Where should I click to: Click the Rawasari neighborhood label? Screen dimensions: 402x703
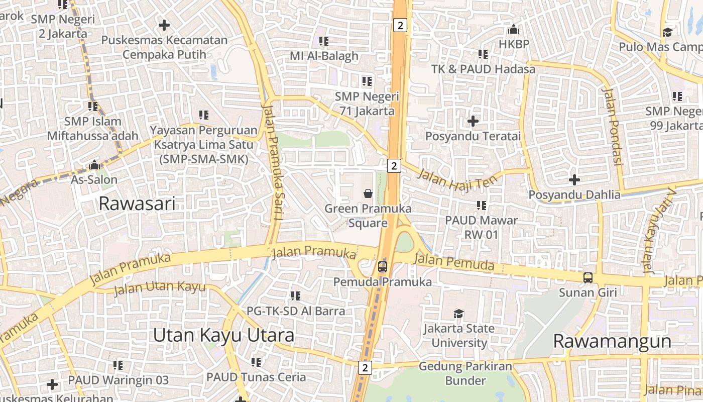(137, 204)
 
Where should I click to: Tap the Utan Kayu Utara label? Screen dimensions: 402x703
(223, 335)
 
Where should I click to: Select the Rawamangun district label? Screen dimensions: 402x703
(612, 341)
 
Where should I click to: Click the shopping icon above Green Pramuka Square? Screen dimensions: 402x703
(368, 193)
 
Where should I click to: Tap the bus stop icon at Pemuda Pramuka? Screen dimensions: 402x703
(383, 266)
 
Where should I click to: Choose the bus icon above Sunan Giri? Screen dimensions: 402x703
(588, 277)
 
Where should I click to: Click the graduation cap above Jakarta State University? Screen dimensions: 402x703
(458, 314)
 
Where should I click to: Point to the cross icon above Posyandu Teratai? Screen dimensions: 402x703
(473, 121)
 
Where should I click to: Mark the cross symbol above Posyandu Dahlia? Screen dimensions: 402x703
(574, 179)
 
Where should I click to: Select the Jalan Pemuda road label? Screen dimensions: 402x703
(455, 262)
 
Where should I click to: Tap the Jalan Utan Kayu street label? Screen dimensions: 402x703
(160, 288)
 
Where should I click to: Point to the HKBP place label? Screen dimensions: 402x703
(514, 44)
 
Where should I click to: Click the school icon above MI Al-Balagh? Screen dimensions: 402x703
(324, 41)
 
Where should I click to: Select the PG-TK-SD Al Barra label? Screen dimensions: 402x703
(296, 311)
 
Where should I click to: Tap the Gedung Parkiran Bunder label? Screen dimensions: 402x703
(465, 373)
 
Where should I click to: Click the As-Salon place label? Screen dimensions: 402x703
(94, 179)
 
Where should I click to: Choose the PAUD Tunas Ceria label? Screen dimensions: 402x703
(256, 377)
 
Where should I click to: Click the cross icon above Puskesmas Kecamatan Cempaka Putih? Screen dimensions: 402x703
(164, 25)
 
